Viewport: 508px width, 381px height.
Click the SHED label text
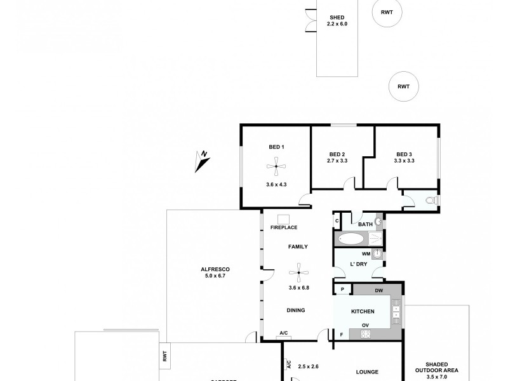click(x=337, y=17)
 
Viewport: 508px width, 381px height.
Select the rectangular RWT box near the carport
click(x=164, y=357)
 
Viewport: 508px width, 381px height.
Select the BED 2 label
click(x=337, y=154)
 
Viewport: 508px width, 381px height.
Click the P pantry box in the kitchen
click(x=342, y=290)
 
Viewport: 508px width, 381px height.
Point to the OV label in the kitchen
click(x=366, y=326)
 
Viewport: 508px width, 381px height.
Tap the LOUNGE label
click(x=367, y=372)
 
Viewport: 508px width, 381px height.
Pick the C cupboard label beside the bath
click(x=337, y=220)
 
